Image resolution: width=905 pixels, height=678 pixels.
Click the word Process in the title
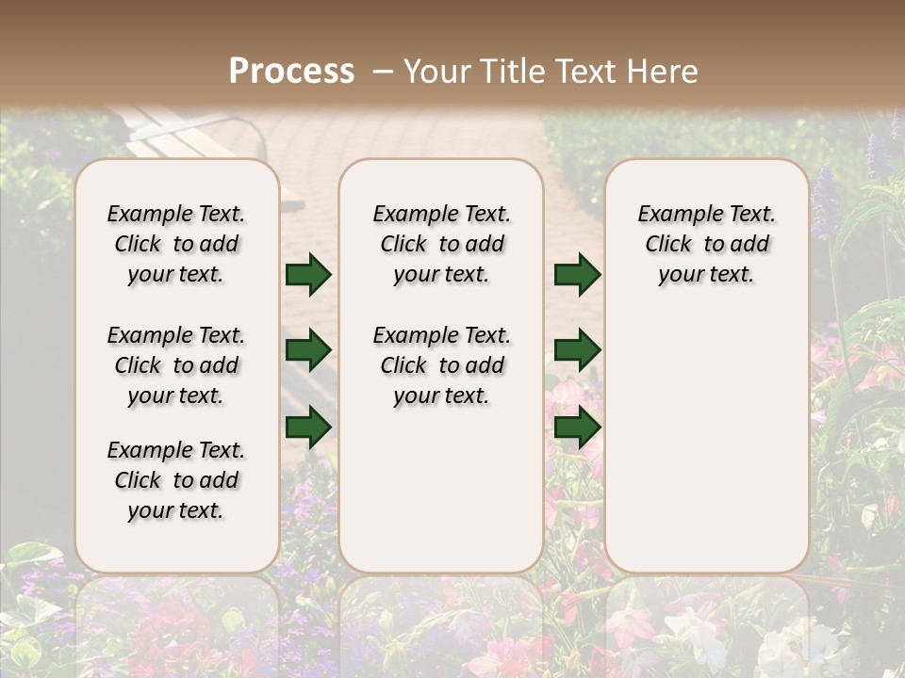[291, 72]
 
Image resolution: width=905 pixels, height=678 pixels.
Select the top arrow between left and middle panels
[307, 275]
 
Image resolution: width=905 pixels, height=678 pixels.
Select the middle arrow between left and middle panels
[307, 351]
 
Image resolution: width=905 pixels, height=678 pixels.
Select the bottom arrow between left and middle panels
[307, 427]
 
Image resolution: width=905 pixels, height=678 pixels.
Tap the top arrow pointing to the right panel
[577, 275]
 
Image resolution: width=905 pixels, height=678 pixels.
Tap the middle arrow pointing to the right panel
[577, 351]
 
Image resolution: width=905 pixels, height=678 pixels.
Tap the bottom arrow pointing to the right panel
[577, 427]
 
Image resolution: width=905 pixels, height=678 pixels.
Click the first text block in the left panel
[176, 244]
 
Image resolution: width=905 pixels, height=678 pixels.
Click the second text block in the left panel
[176, 365]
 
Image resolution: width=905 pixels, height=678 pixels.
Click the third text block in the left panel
[176, 480]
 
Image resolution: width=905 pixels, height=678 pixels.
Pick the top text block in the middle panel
[441, 244]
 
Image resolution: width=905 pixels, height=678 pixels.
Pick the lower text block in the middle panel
[441, 365]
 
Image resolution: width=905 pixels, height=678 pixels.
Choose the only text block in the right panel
[706, 244]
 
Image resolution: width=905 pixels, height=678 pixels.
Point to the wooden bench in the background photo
[189, 132]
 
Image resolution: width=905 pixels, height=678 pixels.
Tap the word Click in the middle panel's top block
[403, 245]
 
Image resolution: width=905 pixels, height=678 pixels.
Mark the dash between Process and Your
[382, 72]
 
